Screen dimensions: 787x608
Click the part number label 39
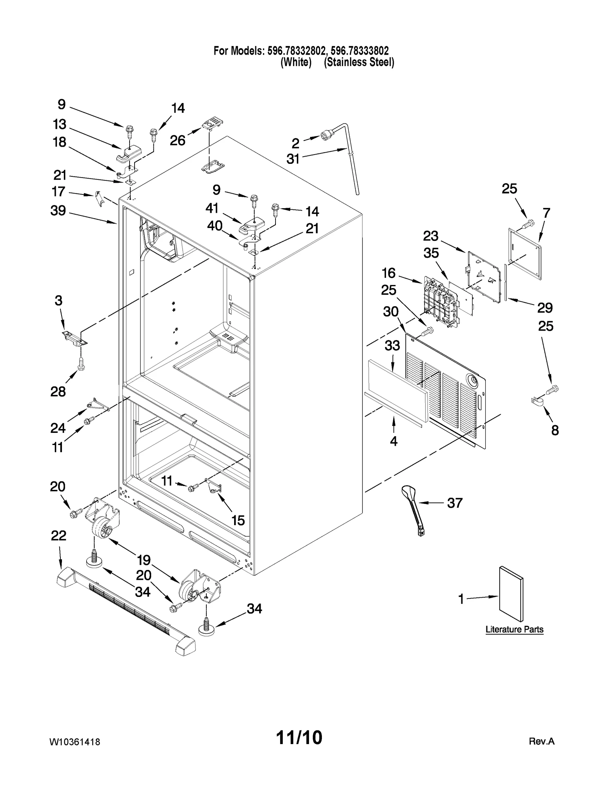click(58, 211)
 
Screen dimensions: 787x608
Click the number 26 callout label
click(177, 141)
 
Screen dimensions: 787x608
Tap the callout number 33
click(392, 345)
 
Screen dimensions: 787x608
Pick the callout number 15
click(238, 520)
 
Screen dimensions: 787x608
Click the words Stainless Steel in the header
click(359, 62)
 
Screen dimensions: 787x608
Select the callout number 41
click(212, 208)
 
